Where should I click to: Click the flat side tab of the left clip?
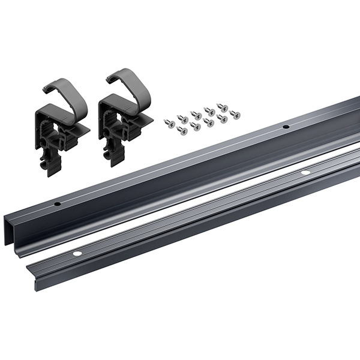84,128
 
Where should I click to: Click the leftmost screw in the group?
169,124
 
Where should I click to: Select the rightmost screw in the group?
235,114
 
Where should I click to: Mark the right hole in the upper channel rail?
286,127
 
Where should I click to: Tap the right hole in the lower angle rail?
305,173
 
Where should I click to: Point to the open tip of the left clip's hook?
47,91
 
